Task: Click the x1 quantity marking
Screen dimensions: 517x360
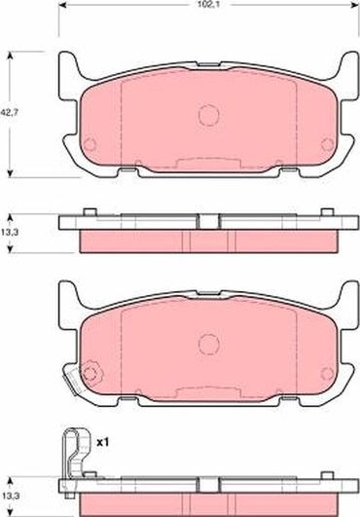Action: pyautogui.click(x=101, y=442)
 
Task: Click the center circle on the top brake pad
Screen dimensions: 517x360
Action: pyautogui.click(x=208, y=114)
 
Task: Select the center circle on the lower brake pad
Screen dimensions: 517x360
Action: pyautogui.click(x=208, y=344)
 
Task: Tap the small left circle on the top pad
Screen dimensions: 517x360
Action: pyautogui.click(x=90, y=146)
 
